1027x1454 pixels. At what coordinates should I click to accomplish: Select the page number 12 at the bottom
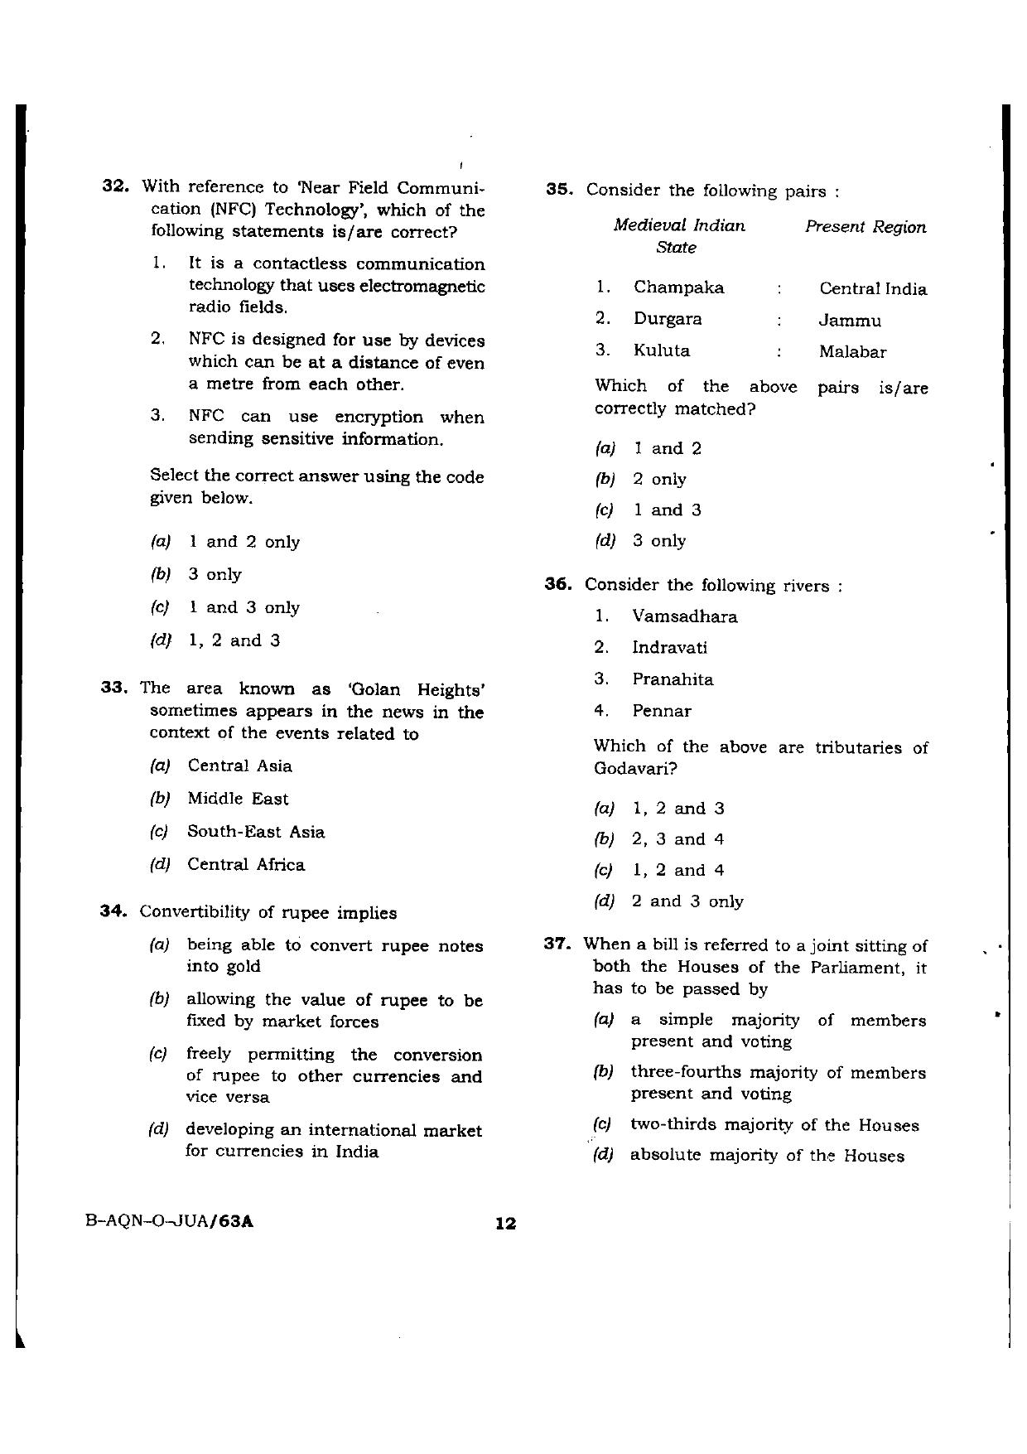point(505,1223)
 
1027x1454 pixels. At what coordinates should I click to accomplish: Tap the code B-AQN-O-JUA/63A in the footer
point(169,1221)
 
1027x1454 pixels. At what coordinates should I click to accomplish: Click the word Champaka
point(678,287)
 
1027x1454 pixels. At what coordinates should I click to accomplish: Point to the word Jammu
point(850,321)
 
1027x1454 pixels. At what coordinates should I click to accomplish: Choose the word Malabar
point(852,352)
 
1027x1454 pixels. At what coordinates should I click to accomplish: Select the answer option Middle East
point(238,799)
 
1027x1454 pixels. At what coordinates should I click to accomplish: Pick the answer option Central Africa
point(246,865)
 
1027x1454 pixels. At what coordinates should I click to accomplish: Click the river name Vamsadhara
point(684,616)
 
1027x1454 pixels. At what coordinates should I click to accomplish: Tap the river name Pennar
point(661,711)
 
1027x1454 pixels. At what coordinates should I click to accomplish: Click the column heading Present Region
point(865,227)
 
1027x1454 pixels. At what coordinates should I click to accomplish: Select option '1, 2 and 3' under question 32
point(234,640)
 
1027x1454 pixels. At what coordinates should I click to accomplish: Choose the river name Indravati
point(669,648)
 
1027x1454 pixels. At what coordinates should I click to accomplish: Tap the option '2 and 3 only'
point(687,901)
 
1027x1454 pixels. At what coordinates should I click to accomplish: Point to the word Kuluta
point(661,350)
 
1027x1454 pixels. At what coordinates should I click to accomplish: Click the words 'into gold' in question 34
point(224,967)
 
